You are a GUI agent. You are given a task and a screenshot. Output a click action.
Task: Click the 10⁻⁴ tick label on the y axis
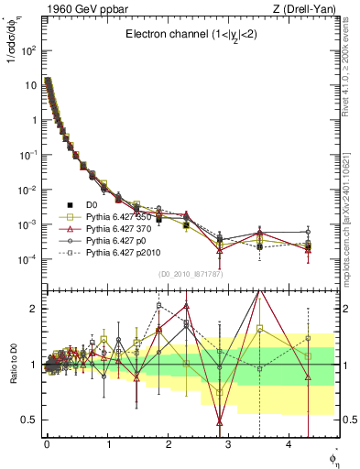pos(27,259)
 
